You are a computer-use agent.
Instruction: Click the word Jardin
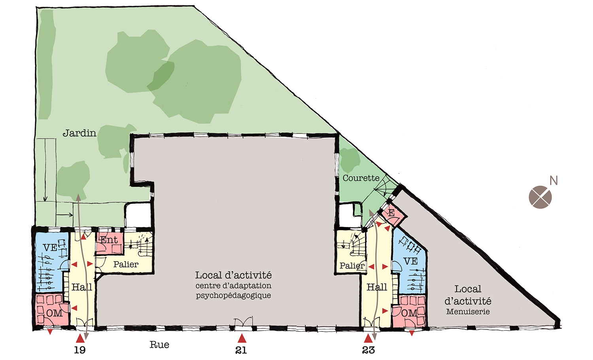point(79,133)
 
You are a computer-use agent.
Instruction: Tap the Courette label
point(361,178)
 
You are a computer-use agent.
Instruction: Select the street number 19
point(80,350)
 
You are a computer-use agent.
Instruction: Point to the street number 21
point(241,350)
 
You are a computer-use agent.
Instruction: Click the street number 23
point(368,350)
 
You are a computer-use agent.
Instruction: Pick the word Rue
point(159,345)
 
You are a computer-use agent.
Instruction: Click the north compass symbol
point(540,197)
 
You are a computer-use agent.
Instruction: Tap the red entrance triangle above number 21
point(242,338)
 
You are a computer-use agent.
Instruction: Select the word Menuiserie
point(468,311)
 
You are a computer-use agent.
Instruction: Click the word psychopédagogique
point(234,296)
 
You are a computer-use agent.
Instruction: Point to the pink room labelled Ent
point(110,243)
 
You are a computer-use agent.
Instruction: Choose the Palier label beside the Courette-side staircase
point(352,265)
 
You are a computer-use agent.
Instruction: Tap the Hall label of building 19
point(82,287)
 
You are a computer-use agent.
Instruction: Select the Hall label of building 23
point(377,287)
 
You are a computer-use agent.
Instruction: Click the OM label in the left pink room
point(54,313)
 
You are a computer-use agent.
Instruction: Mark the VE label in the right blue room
point(411,261)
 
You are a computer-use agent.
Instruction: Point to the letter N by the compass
point(553,181)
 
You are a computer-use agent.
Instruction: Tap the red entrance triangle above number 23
point(368,338)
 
